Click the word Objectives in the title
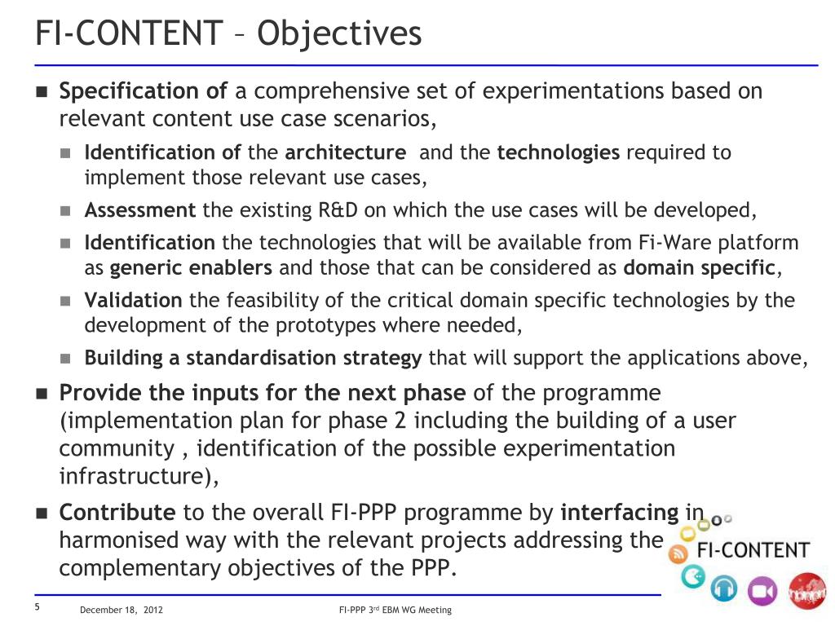point(339,33)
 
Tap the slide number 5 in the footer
point(38,609)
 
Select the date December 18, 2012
point(121,611)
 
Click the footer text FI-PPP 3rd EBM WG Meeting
point(395,611)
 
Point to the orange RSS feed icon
point(678,555)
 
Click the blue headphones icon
point(723,589)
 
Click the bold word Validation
point(134,301)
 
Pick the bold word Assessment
point(140,211)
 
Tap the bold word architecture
point(346,153)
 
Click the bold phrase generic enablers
point(192,268)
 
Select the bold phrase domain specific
point(699,268)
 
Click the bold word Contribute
point(117,513)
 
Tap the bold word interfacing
point(620,513)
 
